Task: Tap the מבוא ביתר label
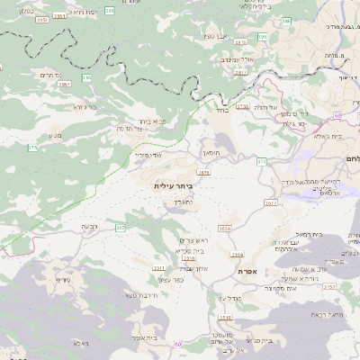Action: click(154, 120)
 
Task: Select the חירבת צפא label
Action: click(141, 295)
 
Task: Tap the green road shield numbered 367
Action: click(120, 229)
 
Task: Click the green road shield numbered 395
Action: click(109, 10)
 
